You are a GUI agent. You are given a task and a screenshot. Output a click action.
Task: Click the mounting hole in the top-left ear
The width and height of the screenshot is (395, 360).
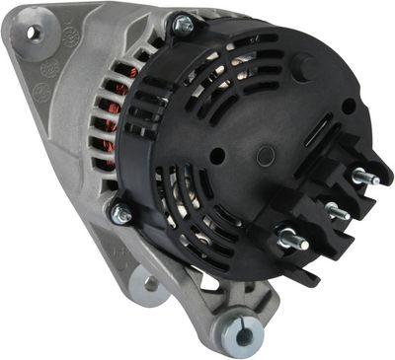[x=33, y=33]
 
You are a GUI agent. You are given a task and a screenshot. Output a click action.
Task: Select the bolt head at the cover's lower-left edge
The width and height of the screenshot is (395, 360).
[x=121, y=212]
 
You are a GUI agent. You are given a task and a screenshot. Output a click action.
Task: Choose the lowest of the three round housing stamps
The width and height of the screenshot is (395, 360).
[x=41, y=91]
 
